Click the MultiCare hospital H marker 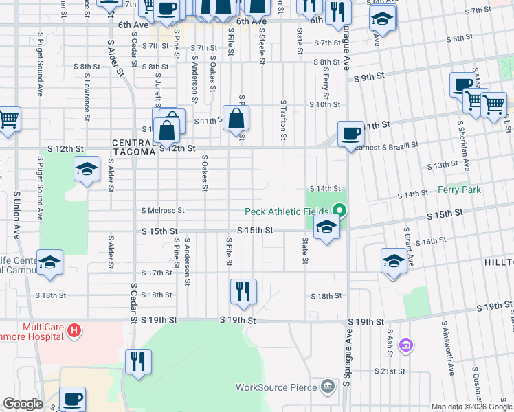pyautogui.click(x=74, y=331)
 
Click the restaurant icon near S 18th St pyautogui.click(x=243, y=291)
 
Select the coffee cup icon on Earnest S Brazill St pyautogui.click(x=350, y=133)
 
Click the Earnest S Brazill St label pyautogui.click(x=390, y=146)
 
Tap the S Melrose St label pyautogui.click(x=163, y=211)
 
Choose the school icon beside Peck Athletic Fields pyautogui.click(x=326, y=227)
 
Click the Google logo pyautogui.click(x=23, y=404)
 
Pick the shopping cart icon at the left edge pyautogui.click(x=8, y=119)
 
